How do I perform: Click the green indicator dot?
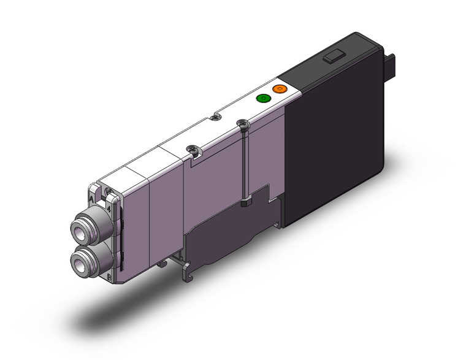coord(263,98)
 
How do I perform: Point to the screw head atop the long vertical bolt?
coord(242,124)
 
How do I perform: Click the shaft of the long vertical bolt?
coord(243,166)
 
